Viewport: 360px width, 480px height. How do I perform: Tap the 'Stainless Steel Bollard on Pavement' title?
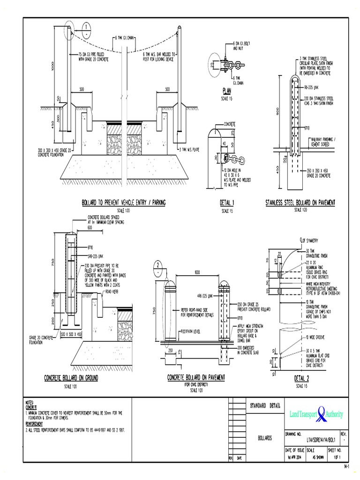click(x=300, y=202)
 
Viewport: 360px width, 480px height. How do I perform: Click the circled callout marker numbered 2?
click(x=158, y=268)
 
